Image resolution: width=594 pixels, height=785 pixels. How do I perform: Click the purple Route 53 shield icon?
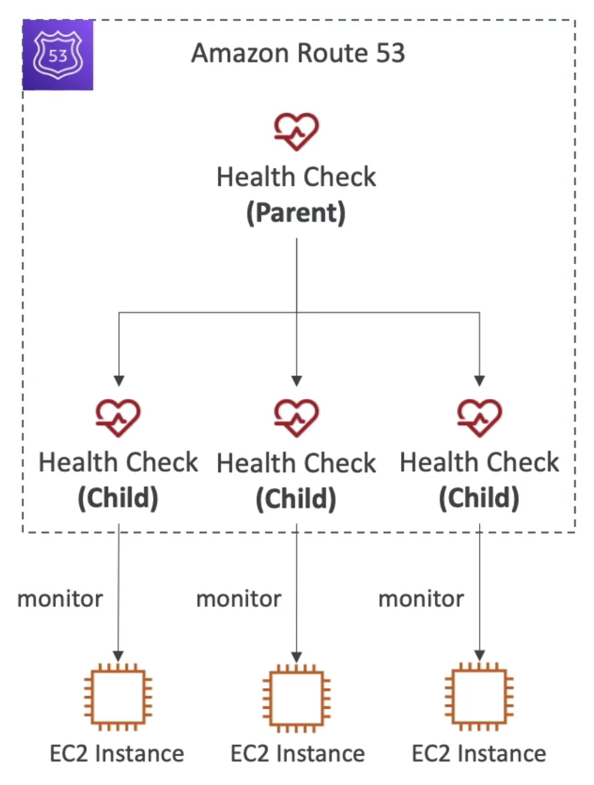pyautogui.click(x=58, y=55)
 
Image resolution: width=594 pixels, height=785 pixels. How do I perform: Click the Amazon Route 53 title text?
pyautogui.click(x=298, y=53)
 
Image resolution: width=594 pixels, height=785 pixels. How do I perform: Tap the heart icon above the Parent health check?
pyautogui.click(x=296, y=131)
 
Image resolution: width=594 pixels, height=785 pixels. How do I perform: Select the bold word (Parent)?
pyautogui.click(x=296, y=213)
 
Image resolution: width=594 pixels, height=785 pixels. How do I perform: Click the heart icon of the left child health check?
pyautogui.click(x=118, y=418)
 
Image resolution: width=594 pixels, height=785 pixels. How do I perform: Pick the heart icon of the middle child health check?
pyautogui.click(x=296, y=418)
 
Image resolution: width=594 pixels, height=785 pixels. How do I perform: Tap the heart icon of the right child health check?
pyautogui.click(x=479, y=418)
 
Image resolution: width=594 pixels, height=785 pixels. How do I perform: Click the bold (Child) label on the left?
pyautogui.click(x=118, y=498)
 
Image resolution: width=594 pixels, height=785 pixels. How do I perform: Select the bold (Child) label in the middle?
pyautogui.click(x=296, y=499)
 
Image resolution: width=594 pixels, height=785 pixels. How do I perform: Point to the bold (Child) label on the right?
pyautogui.click(x=479, y=498)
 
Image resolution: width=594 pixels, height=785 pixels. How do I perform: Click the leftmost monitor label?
pyautogui.click(x=60, y=600)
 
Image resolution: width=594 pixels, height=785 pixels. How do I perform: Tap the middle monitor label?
pyautogui.click(x=239, y=600)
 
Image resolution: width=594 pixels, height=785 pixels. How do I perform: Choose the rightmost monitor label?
pyautogui.click(x=421, y=600)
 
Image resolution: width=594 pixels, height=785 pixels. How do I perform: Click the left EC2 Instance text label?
pyautogui.click(x=117, y=754)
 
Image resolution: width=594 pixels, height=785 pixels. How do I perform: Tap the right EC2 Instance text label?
pyautogui.click(x=479, y=754)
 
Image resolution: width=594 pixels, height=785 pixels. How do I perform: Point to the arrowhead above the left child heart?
pyautogui.click(x=119, y=381)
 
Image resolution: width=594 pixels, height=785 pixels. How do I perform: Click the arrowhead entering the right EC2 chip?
pyautogui.click(x=479, y=656)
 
